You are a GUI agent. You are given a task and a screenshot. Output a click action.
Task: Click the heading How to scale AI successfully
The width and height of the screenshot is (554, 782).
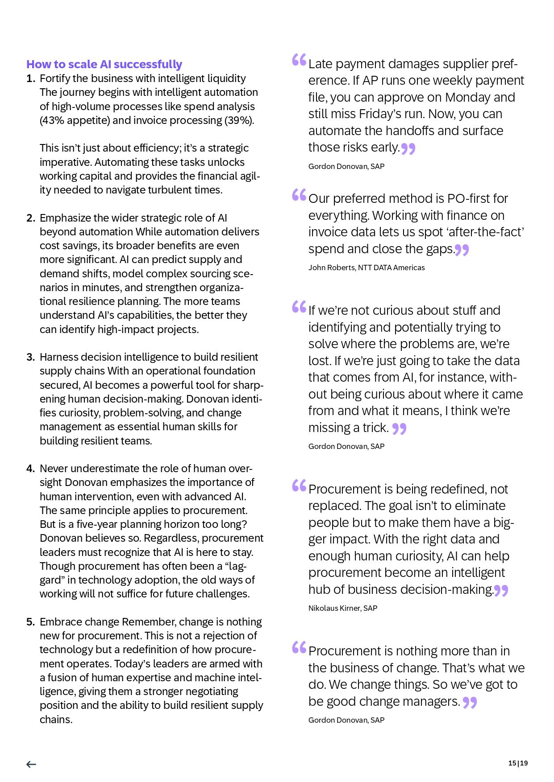[104, 64]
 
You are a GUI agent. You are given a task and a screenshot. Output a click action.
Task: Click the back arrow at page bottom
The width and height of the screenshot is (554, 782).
[31, 764]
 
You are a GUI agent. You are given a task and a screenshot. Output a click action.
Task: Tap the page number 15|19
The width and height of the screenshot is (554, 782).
[518, 763]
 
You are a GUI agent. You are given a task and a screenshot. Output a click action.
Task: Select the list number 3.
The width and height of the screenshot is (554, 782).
[30, 357]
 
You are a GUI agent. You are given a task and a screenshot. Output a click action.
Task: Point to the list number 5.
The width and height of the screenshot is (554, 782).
[30, 622]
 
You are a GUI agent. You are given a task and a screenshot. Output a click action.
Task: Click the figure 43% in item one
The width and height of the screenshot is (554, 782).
[52, 120]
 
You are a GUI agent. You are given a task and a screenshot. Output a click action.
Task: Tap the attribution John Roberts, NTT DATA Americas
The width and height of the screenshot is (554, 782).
[366, 268]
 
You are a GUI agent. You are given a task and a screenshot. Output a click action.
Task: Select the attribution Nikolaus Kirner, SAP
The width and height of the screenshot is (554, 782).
[342, 608]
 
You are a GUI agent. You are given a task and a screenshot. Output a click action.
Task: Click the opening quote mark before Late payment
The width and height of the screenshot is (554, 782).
[299, 60]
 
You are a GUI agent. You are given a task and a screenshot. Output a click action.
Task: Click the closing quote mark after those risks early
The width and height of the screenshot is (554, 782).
[408, 148]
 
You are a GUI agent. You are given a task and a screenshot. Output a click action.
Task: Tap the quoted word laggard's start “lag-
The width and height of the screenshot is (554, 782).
[236, 566]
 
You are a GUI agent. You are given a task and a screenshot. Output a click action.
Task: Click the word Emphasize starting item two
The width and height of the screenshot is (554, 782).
[65, 218]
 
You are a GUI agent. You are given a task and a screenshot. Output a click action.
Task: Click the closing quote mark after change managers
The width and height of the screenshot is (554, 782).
[470, 703]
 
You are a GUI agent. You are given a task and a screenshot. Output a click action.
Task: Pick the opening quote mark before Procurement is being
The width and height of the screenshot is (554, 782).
[299, 486]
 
